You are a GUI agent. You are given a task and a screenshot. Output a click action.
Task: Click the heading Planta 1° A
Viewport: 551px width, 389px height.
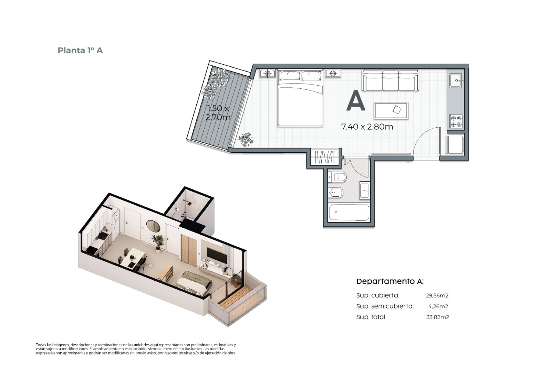(80, 50)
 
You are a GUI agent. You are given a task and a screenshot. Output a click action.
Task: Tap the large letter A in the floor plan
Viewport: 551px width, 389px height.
(355, 101)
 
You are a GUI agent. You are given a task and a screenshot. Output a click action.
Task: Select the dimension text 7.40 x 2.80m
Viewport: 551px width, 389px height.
(367, 127)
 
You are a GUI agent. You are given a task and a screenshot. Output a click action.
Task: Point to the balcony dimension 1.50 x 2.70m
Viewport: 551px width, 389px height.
(218, 113)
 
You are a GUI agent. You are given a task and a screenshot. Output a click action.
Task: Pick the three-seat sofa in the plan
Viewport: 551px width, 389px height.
(390, 80)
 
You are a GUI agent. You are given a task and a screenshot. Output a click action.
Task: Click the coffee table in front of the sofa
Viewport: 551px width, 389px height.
(391, 111)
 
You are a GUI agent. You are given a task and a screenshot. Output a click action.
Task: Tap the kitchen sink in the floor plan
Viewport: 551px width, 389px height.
(456, 80)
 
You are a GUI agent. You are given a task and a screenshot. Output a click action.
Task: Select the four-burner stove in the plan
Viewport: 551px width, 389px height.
(456, 122)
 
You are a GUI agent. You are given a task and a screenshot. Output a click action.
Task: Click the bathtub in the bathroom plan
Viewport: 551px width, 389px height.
(349, 212)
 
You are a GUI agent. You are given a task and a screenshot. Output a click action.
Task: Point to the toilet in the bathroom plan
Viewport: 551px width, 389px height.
(337, 177)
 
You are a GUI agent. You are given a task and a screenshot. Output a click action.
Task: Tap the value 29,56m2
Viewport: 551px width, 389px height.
(437, 295)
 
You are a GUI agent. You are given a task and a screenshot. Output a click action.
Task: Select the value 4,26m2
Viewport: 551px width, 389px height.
(438, 306)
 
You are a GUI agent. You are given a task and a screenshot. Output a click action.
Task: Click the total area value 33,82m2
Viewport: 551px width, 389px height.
(438, 317)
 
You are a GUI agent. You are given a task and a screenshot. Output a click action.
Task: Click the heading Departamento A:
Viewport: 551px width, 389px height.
(390, 281)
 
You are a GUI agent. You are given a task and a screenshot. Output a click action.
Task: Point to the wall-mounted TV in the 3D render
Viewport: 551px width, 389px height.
(217, 255)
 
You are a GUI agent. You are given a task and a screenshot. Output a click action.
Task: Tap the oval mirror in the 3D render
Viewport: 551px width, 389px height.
(153, 226)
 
